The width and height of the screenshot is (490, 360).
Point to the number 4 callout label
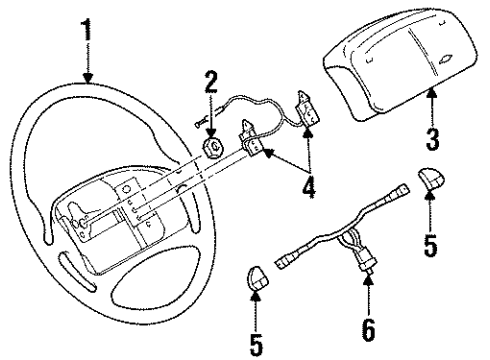click(x=310, y=186)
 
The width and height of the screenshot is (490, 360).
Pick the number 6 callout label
click(x=368, y=326)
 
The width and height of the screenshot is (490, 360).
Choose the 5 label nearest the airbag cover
click(x=429, y=245)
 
